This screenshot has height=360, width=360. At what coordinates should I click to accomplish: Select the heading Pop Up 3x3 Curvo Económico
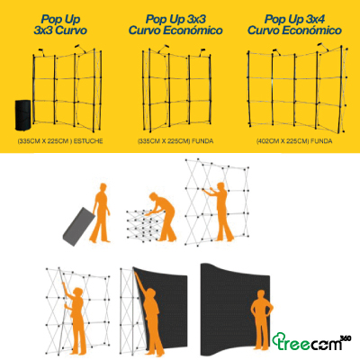coord(180,24)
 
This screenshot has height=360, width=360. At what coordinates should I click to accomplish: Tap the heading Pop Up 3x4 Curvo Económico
coord(297,24)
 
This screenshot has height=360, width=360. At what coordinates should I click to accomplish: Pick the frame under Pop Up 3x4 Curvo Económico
coord(297,85)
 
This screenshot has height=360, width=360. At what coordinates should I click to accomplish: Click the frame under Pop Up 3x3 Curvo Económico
coord(180,85)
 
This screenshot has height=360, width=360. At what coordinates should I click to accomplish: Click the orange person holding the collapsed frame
coord(162,216)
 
